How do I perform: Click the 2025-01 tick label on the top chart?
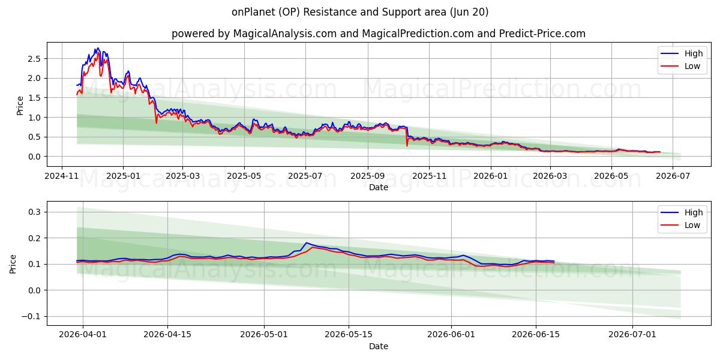coord(123,176)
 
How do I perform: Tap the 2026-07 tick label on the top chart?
coord(673,176)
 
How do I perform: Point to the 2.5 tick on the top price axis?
coord(34,59)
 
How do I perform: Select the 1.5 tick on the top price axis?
coord(34,98)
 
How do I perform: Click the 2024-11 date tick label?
coord(62,176)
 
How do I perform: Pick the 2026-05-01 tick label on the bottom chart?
coord(264,334)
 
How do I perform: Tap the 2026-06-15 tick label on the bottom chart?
coord(535,334)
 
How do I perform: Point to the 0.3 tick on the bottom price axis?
coord(34,212)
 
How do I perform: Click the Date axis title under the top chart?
coord(379,187)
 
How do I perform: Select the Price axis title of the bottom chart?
coord(13,264)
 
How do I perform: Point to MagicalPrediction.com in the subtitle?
coord(418,34)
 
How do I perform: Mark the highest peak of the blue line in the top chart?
coord(98,48)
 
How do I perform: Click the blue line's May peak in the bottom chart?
coord(307,242)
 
